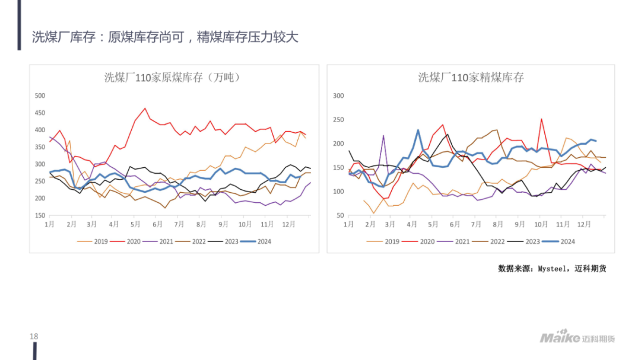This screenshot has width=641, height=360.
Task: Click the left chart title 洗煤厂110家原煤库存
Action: tap(172, 78)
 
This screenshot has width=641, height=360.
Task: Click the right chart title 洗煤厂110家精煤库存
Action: tap(471, 78)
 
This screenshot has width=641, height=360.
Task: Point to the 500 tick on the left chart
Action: tap(40, 95)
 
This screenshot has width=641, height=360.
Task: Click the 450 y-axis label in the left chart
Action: tap(40, 113)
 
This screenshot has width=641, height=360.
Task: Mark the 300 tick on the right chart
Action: tap(338, 95)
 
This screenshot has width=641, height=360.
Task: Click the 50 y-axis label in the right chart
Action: tap(340, 215)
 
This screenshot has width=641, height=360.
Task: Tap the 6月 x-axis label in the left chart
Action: tap(157, 225)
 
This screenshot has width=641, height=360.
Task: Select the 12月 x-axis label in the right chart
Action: tap(584, 225)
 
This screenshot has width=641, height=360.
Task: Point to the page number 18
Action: tap(34, 337)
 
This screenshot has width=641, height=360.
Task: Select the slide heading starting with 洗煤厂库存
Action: tap(165, 37)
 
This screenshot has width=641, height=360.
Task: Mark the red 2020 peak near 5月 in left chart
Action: tap(145, 109)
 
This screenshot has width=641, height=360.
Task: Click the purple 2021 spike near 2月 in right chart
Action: tap(383, 136)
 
